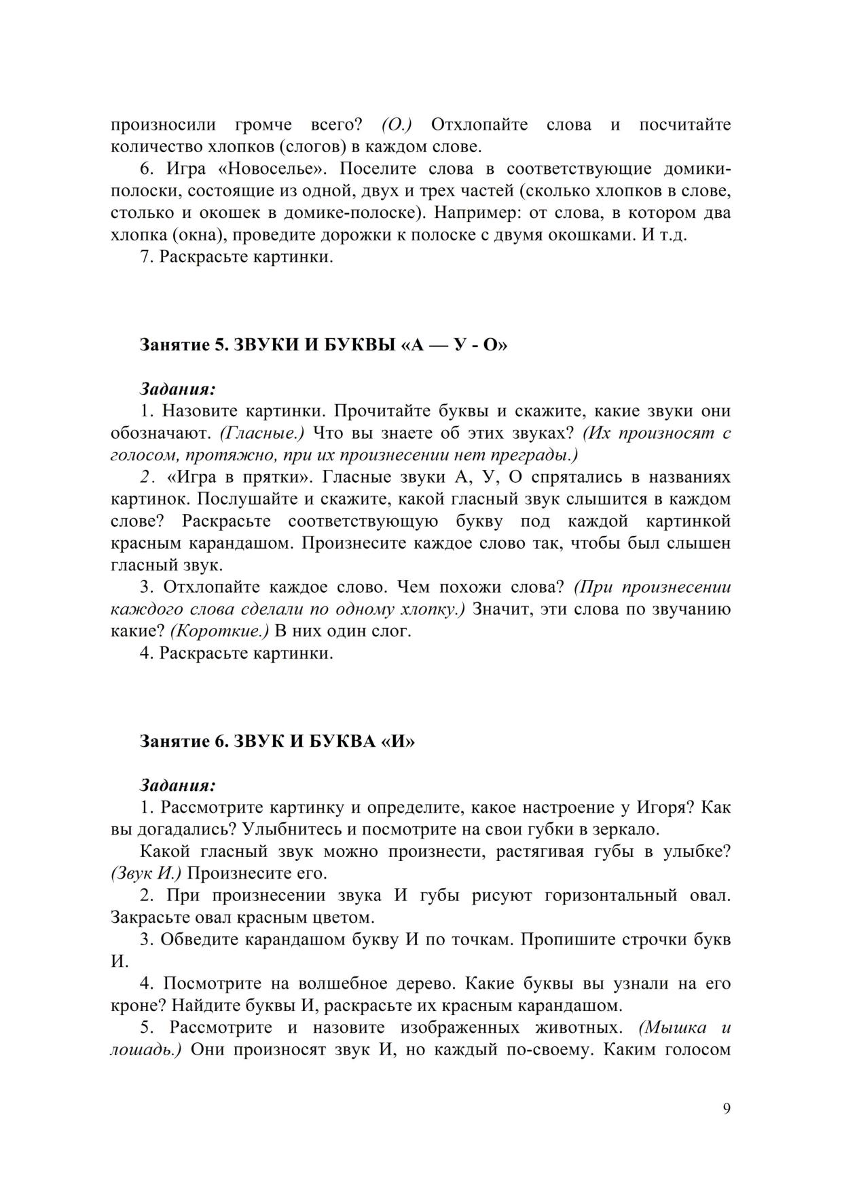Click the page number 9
click(x=727, y=1109)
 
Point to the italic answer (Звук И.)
click(x=145, y=873)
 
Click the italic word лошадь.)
click(x=145, y=1050)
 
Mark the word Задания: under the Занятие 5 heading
click(x=178, y=390)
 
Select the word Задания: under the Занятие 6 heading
click(x=178, y=786)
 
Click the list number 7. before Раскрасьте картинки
click(x=147, y=258)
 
